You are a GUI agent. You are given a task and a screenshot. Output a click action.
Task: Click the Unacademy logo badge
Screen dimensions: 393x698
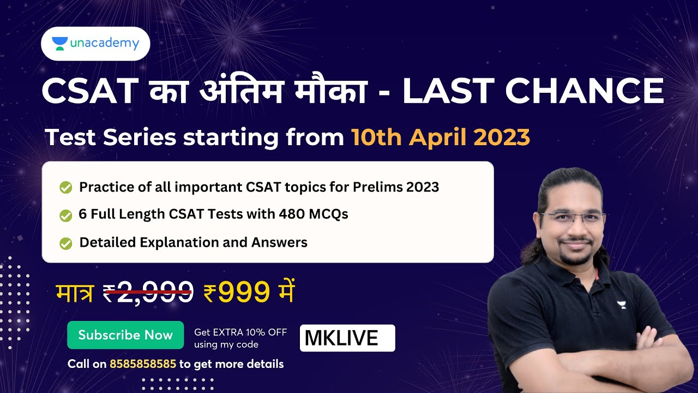[x=95, y=44]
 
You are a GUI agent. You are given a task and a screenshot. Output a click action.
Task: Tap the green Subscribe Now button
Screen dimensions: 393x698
[x=125, y=335]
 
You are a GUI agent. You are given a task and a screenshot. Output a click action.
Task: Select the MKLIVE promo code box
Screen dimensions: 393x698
[x=347, y=338]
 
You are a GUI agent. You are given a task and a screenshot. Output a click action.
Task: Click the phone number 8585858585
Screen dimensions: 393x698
[x=143, y=364]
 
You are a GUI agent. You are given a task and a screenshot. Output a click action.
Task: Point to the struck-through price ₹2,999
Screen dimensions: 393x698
[x=148, y=293]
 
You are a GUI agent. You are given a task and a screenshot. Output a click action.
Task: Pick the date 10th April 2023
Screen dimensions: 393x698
[x=441, y=138]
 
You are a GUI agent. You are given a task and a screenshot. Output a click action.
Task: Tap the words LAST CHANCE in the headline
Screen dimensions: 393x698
[x=533, y=91]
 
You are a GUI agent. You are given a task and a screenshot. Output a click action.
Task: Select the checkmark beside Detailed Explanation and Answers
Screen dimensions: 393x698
[x=66, y=243]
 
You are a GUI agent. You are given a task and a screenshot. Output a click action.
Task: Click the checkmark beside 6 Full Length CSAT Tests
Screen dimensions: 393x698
[x=66, y=216]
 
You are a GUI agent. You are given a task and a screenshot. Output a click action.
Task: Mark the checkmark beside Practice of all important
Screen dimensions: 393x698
[x=66, y=188]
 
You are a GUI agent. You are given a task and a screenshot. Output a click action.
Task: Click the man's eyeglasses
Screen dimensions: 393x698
[x=573, y=217]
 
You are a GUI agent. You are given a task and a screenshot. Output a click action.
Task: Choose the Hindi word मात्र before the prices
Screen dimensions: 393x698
[x=75, y=293]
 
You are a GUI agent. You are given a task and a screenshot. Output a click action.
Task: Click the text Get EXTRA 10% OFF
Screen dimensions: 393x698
[x=240, y=332]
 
